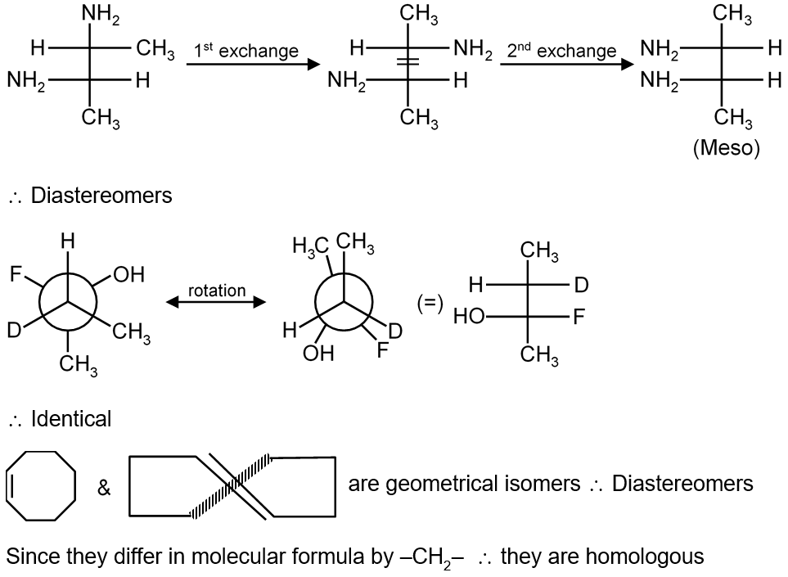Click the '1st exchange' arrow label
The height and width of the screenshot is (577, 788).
(245, 51)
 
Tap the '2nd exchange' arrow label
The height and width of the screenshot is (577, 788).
(561, 51)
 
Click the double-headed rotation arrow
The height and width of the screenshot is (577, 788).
(216, 303)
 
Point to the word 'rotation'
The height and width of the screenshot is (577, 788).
(216, 291)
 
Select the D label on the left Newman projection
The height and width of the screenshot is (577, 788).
(14, 331)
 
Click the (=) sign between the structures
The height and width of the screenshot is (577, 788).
(430, 303)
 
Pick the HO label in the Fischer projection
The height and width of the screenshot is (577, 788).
(470, 317)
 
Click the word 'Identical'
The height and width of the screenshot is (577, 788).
(70, 419)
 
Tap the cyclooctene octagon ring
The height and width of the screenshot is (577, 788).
(41, 485)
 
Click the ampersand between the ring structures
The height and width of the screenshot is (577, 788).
(104, 489)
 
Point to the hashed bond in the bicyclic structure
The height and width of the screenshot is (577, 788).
(229, 488)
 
